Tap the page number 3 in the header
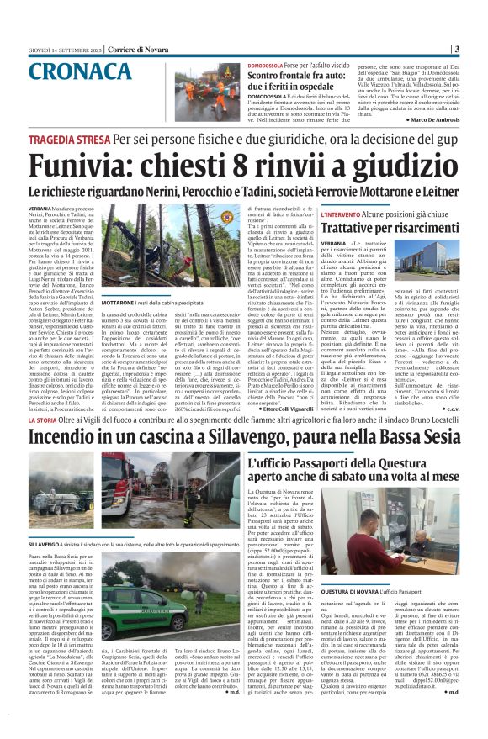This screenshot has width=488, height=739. point(480,48)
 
